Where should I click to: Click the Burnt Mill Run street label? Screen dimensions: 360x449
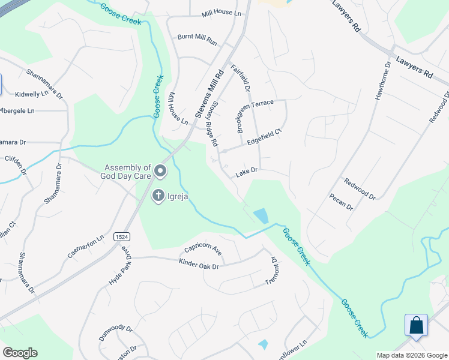click(197, 37)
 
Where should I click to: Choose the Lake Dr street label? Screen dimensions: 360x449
click(246, 172)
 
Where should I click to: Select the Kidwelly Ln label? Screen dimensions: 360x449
click(31, 94)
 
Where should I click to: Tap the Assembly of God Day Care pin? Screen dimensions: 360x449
click(160, 172)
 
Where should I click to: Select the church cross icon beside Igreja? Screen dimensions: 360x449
click(158, 196)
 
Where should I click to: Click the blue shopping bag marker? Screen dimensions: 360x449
click(417, 326)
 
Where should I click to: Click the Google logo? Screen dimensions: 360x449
click(20, 353)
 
